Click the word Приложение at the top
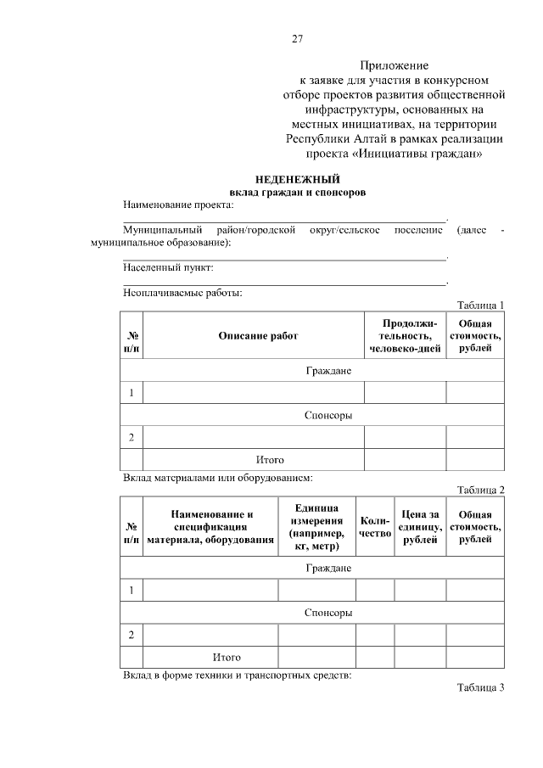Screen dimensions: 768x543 pos(394,64)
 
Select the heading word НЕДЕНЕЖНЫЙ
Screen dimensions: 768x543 pos(298,179)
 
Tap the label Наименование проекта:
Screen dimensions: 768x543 pos(177,205)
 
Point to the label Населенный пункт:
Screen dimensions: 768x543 pos(168,267)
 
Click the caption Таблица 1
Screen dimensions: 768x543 pos(480,306)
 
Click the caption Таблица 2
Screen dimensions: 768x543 pos(480,490)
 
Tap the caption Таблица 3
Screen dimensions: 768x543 pos(480,687)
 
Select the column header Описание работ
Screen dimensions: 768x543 pos(258,336)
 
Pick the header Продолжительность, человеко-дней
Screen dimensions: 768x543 pos(405,336)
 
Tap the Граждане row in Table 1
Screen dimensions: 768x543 pos(328,371)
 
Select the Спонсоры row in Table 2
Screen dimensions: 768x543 pos(328,611)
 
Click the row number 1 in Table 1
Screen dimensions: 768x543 pos(132,393)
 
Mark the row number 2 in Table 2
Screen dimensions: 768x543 pos(132,635)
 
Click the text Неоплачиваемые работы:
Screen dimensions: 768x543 pos(182,294)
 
